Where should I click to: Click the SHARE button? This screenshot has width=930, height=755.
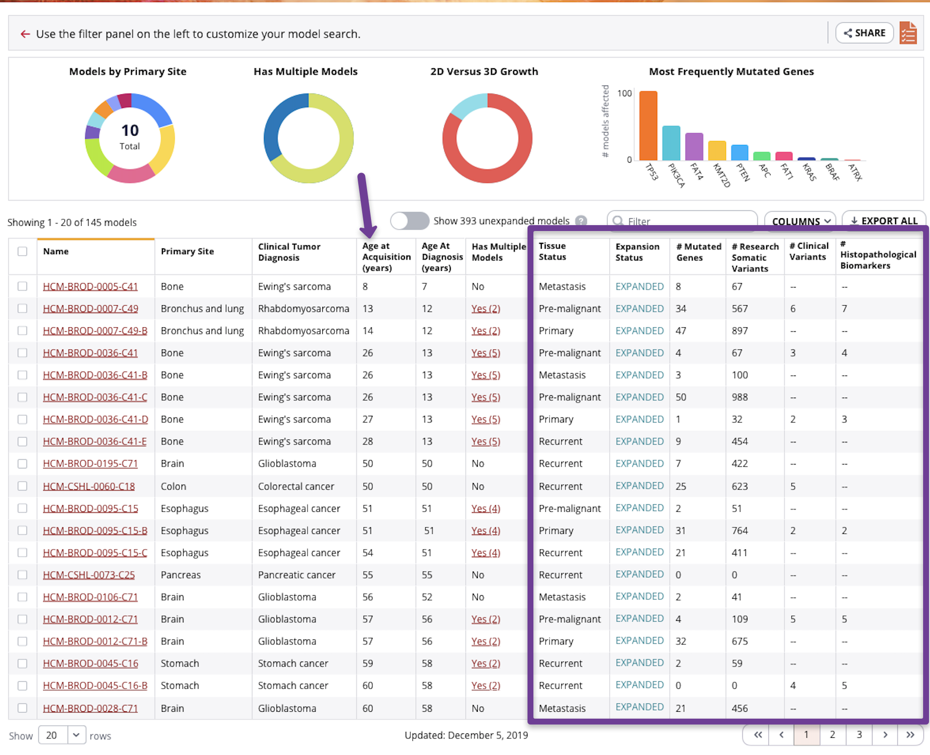(x=865, y=33)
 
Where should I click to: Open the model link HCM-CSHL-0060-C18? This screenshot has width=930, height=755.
(x=89, y=486)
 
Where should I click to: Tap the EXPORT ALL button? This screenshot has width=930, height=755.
(x=884, y=221)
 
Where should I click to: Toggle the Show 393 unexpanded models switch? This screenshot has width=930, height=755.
(x=409, y=221)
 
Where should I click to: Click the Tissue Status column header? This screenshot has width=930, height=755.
(x=552, y=251)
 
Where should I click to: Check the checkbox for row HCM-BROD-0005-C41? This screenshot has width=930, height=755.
(x=23, y=286)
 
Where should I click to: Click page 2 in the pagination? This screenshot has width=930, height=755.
(x=832, y=734)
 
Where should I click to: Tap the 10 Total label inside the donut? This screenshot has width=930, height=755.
(x=130, y=136)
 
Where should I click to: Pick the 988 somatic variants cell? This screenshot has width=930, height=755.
(x=740, y=397)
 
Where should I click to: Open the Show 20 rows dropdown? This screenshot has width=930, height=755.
(x=62, y=735)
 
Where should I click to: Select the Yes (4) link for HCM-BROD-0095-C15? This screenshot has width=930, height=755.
(x=485, y=508)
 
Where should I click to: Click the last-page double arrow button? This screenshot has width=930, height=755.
(x=910, y=734)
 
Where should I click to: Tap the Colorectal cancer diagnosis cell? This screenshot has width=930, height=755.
(x=296, y=486)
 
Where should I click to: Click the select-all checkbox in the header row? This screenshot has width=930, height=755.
(x=23, y=251)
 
